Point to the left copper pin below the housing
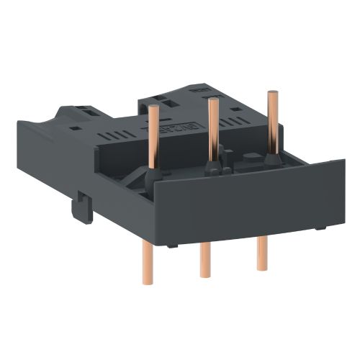coord(148,263)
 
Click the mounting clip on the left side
coord(81,210)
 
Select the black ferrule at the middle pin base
coord(213,168)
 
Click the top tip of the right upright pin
coord(272,93)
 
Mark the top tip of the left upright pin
coord(153,107)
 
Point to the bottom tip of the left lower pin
coord(148,282)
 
